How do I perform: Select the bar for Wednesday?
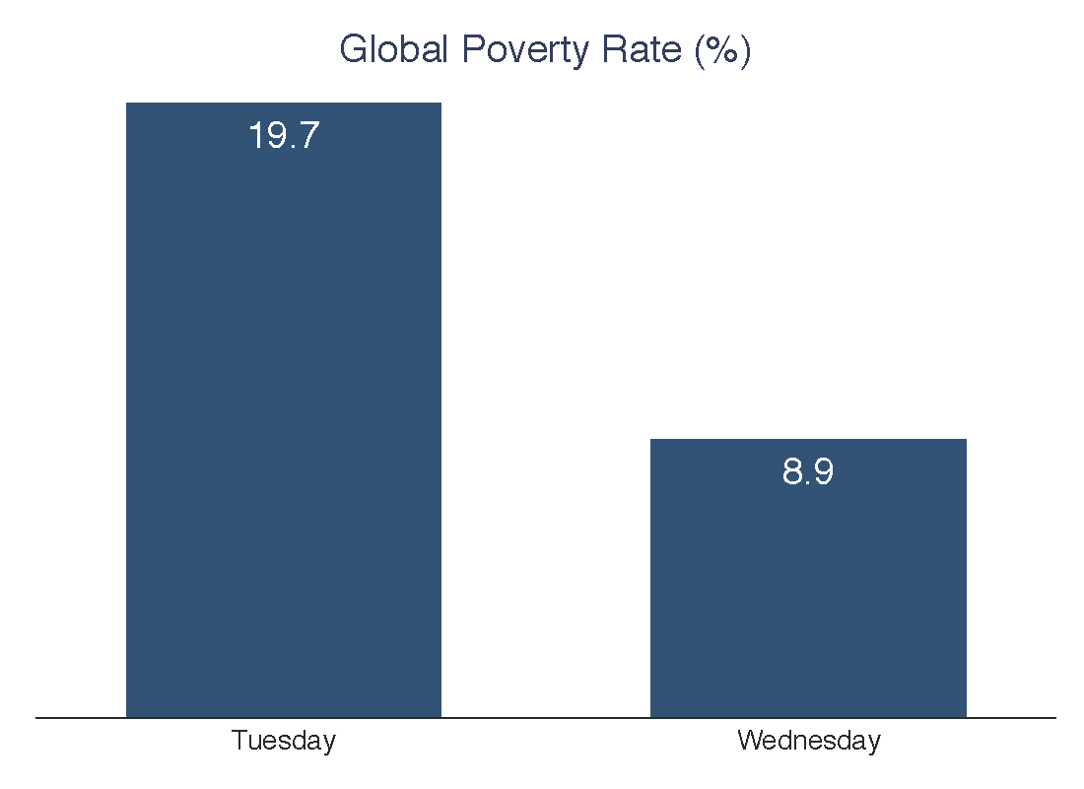point(808,592)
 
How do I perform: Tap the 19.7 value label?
point(284,136)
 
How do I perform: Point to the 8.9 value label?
point(808,472)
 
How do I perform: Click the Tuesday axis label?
point(284,741)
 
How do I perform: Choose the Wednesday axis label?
point(808,741)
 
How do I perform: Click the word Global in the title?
point(393,49)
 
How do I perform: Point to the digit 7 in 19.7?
point(308,136)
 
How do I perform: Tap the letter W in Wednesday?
point(749,741)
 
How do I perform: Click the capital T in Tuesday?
point(238,741)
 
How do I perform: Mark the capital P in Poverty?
point(471,49)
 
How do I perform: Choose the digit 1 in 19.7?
point(255,136)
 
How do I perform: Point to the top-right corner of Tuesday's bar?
point(440,104)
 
